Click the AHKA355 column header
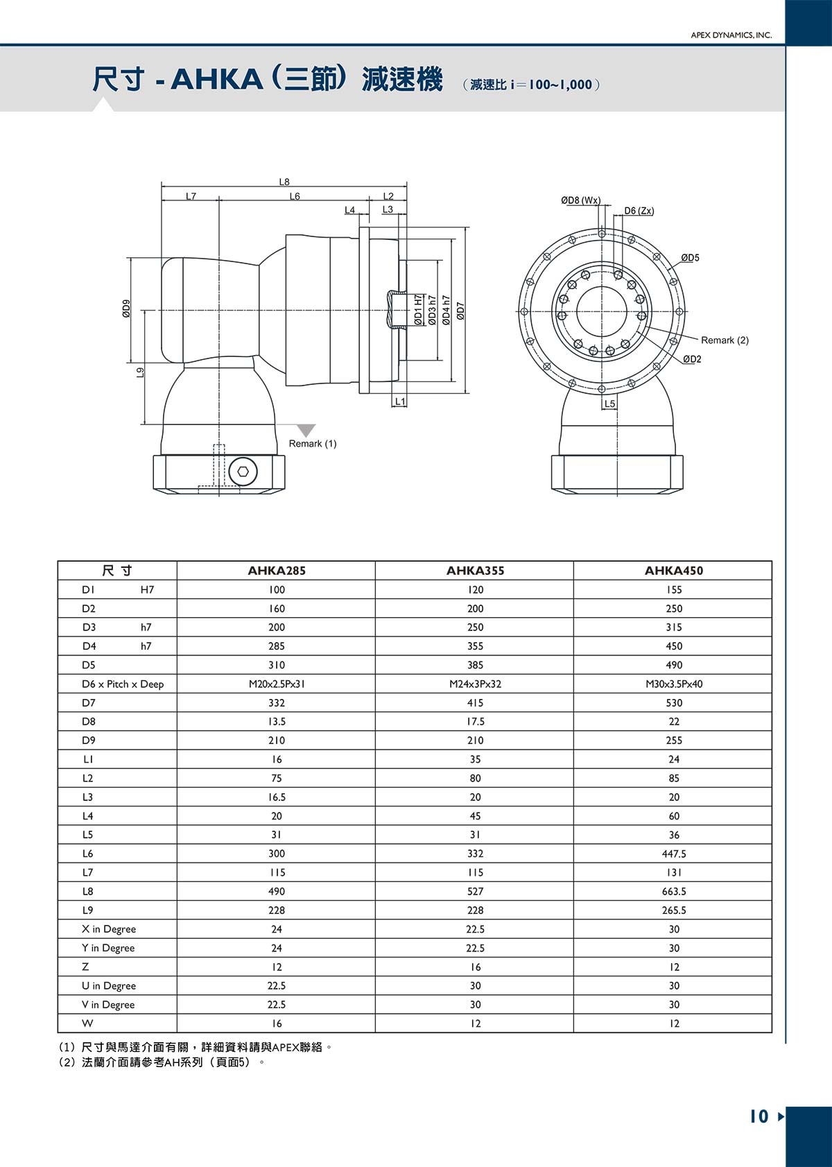tap(475, 571)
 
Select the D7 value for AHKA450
tap(674, 702)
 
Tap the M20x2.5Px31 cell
tap(277, 684)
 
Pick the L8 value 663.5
tap(674, 891)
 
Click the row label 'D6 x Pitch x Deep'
tap(123, 684)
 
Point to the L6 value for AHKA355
tap(475, 854)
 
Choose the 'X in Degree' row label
tap(109, 929)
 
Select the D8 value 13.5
tap(277, 721)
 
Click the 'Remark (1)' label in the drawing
tap(313, 444)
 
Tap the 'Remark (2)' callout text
tap(725, 340)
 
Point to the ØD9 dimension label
tap(126, 309)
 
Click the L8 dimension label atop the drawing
tap(284, 182)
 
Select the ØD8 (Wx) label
tap(580, 200)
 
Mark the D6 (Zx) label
tap(639, 211)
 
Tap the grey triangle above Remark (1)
tap(305, 430)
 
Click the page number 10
tap(759, 1116)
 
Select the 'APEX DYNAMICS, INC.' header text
tap(731, 35)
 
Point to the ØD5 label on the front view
tap(690, 258)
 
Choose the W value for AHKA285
tap(277, 1023)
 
